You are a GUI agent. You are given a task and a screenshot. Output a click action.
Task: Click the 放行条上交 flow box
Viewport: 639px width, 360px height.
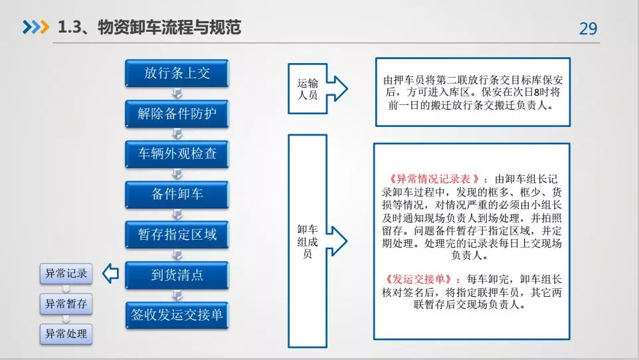[x=177, y=73]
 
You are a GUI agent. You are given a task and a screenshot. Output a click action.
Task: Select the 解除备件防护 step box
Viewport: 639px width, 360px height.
[x=177, y=114]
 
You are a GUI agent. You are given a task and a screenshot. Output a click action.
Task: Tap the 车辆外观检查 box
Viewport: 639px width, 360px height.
[x=177, y=153]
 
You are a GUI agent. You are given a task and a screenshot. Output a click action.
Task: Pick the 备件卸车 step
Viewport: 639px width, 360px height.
[x=177, y=194]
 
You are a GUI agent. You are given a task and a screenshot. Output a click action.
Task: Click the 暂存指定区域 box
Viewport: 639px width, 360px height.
[x=177, y=234]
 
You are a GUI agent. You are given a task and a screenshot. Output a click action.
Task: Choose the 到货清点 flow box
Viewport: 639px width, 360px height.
[x=177, y=275]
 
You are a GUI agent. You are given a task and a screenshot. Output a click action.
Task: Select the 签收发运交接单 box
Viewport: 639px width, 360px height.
[x=177, y=315]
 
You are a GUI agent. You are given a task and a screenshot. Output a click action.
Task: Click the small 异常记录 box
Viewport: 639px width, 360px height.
[x=66, y=273]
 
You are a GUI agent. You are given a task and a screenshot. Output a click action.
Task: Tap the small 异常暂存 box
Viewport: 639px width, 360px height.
[x=66, y=304]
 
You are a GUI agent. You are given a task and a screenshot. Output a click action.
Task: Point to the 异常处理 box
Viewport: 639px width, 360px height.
[x=66, y=334]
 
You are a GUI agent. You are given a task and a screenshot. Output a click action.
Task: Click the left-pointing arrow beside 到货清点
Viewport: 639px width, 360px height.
[x=110, y=273]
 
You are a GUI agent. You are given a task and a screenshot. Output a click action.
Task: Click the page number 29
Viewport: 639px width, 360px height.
[x=588, y=29]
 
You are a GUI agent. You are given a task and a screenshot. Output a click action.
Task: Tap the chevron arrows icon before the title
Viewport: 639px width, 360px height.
[x=36, y=27]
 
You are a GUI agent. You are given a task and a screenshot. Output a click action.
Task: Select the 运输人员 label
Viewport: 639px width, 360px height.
[x=308, y=89]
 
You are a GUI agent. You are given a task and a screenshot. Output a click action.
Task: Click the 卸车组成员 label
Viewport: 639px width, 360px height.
[x=308, y=241]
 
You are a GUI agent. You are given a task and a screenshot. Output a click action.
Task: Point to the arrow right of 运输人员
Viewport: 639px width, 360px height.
[x=337, y=88]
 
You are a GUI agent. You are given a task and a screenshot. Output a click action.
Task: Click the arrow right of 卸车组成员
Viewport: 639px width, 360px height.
[x=337, y=241]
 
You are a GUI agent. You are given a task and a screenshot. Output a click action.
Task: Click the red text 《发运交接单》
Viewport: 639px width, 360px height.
[x=418, y=279]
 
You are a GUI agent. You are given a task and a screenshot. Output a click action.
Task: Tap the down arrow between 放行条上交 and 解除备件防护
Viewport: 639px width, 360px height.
[x=177, y=94]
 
